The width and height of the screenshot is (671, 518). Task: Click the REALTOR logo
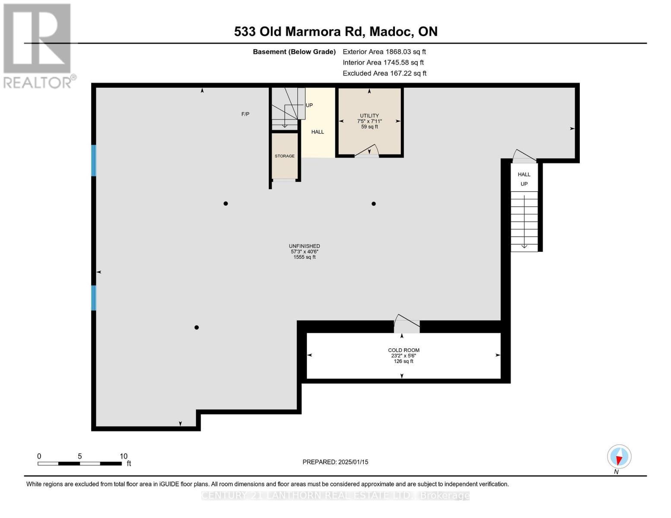[x=38, y=45]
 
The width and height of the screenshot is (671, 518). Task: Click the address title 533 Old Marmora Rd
[x=335, y=32]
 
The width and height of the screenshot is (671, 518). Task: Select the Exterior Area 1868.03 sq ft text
[x=384, y=52]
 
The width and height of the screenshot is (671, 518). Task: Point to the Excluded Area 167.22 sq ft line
[x=384, y=73]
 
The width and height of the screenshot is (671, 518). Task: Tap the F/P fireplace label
[x=245, y=114]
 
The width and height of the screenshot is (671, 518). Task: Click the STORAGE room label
[x=285, y=156]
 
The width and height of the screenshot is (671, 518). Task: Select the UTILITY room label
[x=369, y=116]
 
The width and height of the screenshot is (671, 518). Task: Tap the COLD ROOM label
[x=403, y=350]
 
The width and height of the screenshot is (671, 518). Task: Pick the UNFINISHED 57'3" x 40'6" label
[x=304, y=251]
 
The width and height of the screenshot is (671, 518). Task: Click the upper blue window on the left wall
[x=93, y=160]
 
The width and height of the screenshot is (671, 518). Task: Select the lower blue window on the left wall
[x=93, y=297]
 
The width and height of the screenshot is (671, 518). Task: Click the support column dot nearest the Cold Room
[x=197, y=327]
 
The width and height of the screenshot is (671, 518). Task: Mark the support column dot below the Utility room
[x=374, y=204]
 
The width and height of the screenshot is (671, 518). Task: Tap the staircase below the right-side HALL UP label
[x=524, y=221]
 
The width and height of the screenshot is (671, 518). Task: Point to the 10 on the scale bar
[x=124, y=456]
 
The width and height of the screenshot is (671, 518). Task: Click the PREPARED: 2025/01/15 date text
[x=335, y=462]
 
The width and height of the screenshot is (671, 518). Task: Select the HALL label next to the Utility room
[x=318, y=132]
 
